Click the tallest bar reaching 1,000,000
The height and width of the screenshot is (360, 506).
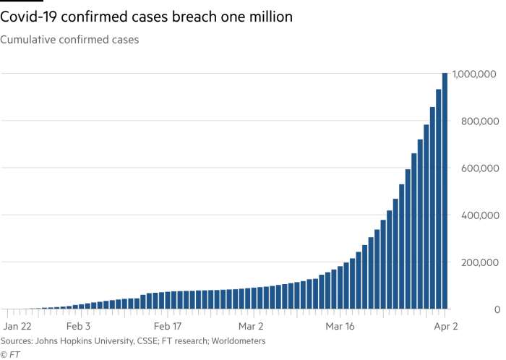445,191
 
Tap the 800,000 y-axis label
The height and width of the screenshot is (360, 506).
480,121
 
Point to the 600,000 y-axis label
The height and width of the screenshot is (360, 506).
480,168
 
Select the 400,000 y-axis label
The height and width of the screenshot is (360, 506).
480,215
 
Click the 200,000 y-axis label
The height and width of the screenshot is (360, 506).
480,262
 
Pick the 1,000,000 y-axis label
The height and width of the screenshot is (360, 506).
474,74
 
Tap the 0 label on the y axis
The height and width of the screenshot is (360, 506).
497,309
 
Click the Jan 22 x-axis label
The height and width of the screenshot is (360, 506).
17,327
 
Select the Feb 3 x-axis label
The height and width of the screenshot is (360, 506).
78,327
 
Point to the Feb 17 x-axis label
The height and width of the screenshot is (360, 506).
168,327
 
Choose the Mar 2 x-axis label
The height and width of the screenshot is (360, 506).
251,327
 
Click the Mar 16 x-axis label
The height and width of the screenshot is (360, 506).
340,327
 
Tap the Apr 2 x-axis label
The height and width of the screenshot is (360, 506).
446,327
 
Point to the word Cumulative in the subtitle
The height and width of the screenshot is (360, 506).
27,40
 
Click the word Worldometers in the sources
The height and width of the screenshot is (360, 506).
239,341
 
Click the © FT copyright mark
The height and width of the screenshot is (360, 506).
10,355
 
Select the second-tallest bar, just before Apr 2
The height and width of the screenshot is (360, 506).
439,199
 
